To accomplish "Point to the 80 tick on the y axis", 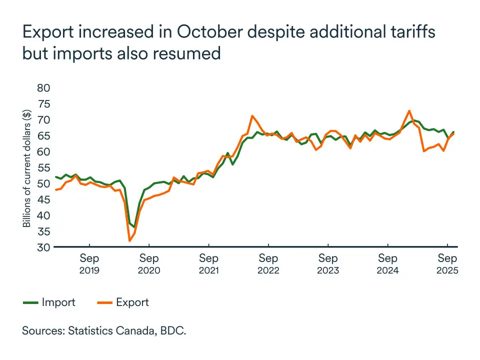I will point(44,88).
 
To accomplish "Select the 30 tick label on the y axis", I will point(44,247).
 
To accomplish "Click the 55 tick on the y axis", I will point(44,167).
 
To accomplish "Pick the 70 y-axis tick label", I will point(44,120).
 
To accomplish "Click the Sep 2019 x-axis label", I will point(89,264).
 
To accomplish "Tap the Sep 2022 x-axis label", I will point(268,264).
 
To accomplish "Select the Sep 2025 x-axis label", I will point(447,264).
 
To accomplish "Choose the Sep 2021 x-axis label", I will point(208,264).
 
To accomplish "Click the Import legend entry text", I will point(58,302).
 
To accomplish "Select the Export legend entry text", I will point(132,302).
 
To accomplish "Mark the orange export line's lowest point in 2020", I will point(130,241).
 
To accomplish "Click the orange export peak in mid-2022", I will point(253,116).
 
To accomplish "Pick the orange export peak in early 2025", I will point(409,110).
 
